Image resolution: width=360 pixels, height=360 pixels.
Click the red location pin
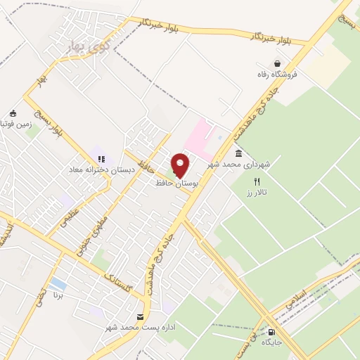(181, 165)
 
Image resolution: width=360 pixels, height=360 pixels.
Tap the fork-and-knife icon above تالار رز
(257, 181)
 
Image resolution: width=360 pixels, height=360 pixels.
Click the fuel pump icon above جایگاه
(271, 333)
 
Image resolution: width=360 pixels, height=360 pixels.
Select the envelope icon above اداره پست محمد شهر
(141, 317)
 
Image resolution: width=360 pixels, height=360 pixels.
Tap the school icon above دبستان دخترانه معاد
(101, 159)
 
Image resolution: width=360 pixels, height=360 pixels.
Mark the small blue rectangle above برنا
(59, 285)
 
